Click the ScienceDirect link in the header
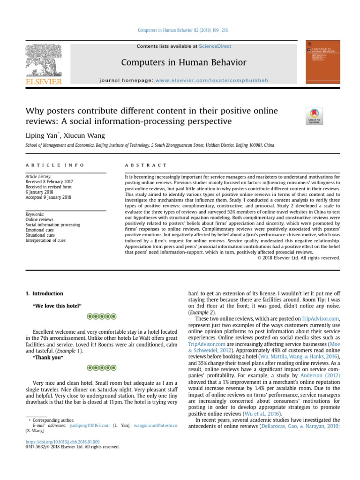coord(215,46)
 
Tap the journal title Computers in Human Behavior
coord(183,62)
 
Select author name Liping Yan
coord(41,136)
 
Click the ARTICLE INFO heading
coord(55,165)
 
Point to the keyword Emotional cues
coord(40,230)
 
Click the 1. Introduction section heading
coord(44,293)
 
